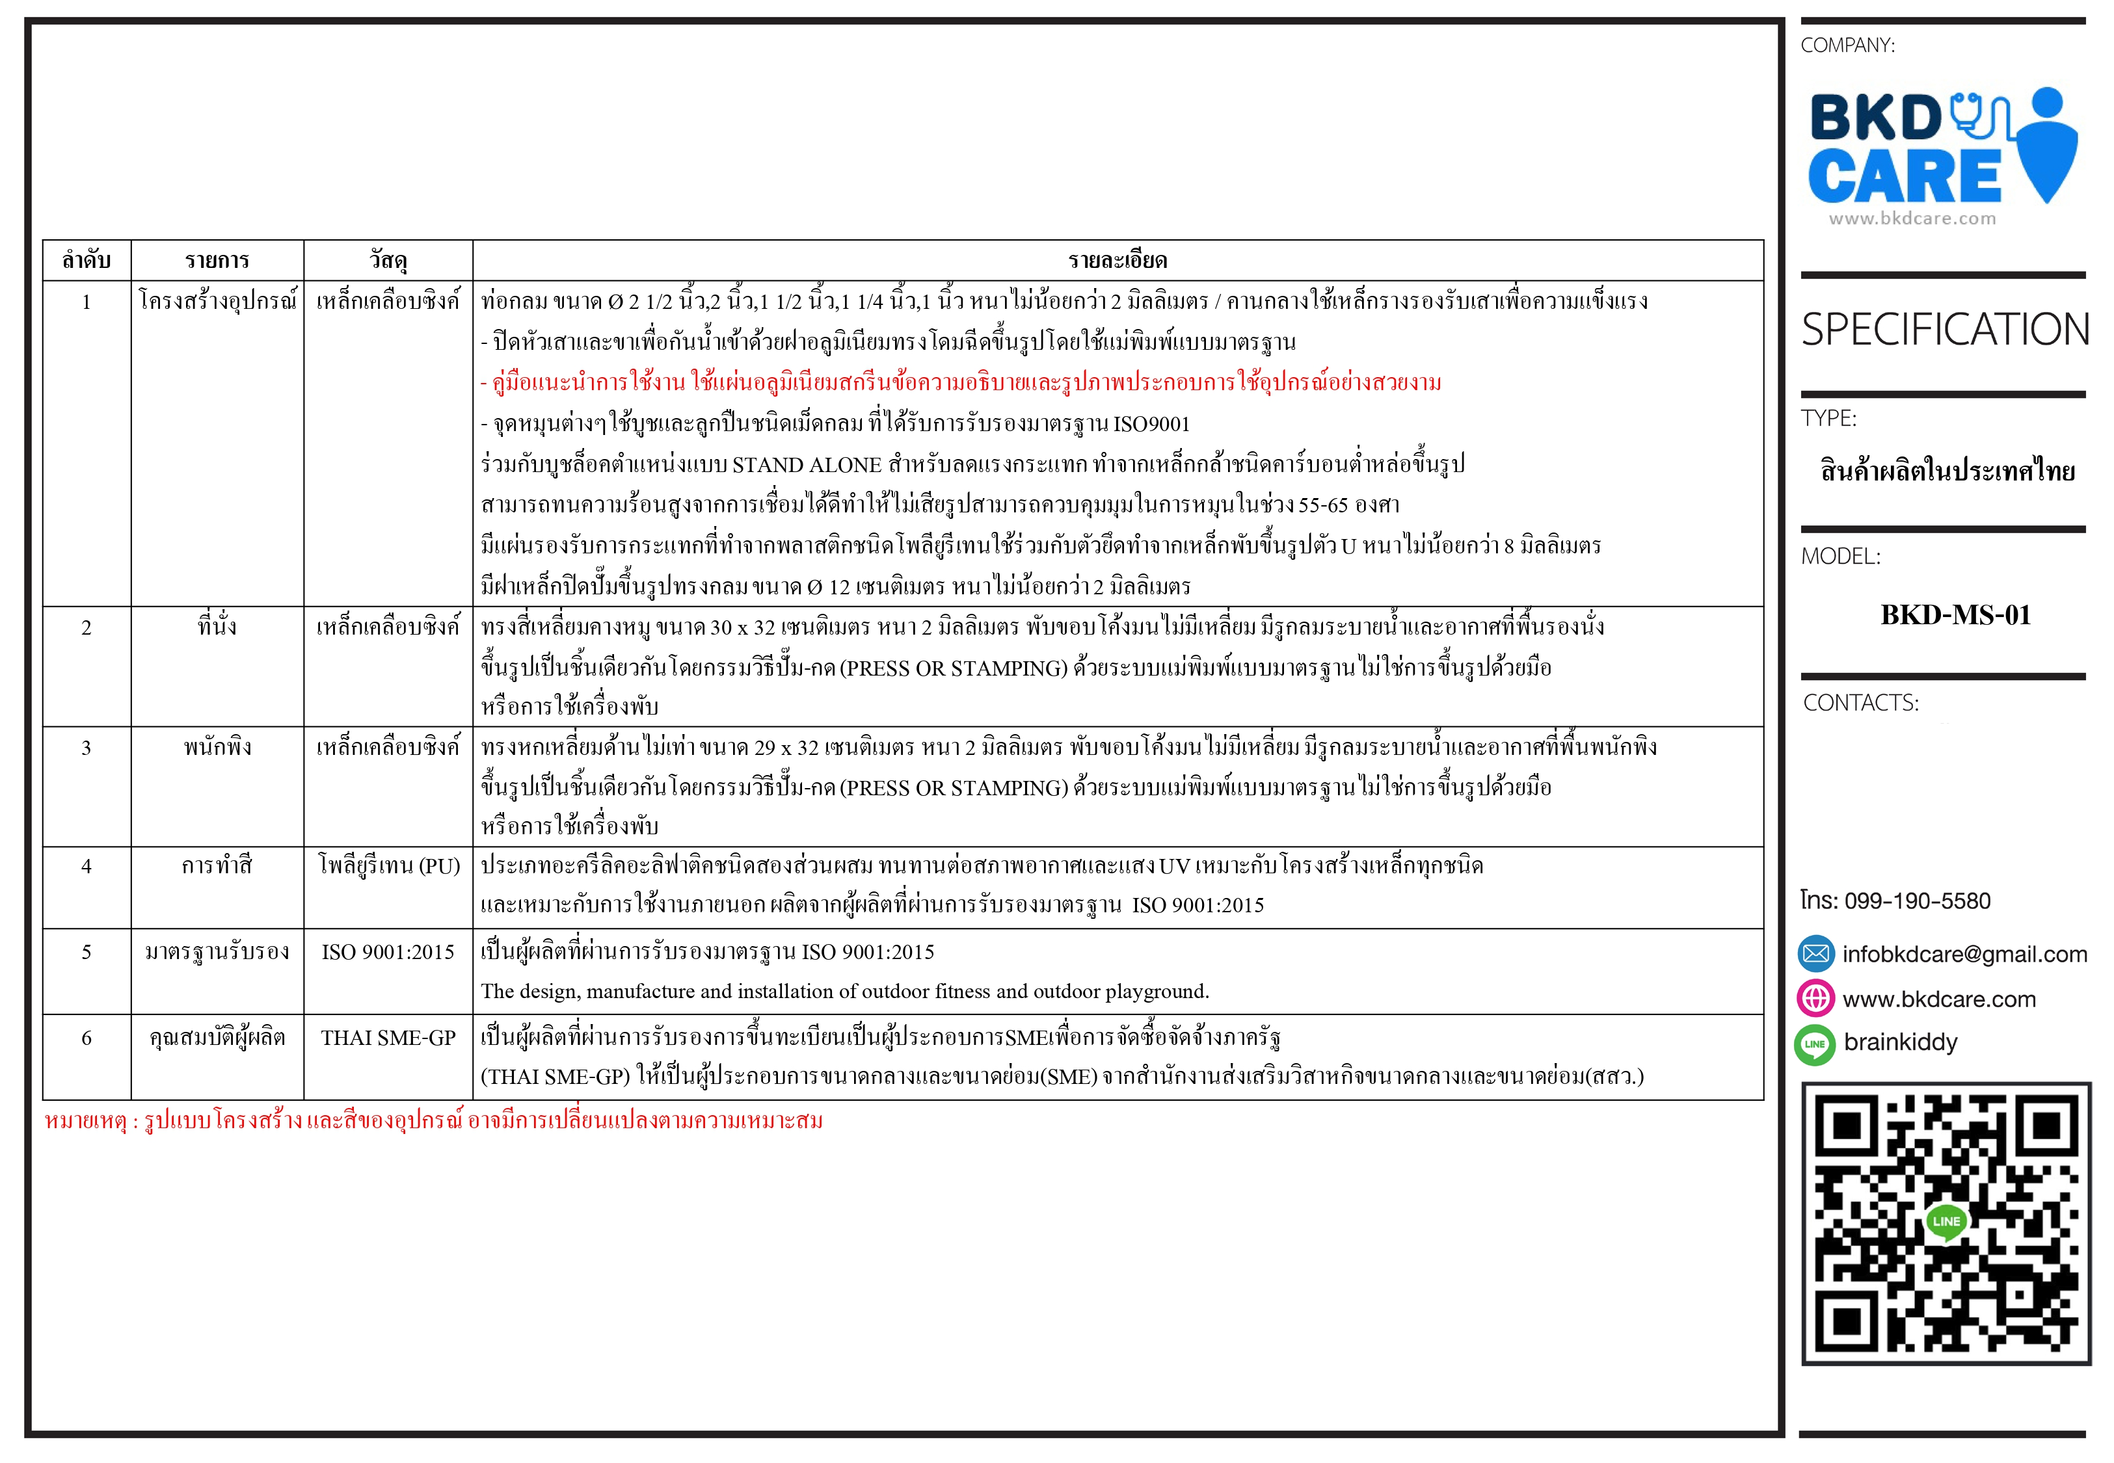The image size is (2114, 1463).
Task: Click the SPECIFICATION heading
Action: tap(1944, 330)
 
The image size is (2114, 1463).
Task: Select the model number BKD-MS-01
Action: tap(1955, 615)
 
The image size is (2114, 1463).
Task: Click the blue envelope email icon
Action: tap(1815, 953)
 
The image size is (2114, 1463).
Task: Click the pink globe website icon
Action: tap(1815, 998)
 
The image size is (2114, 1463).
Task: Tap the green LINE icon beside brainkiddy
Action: tap(1814, 1044)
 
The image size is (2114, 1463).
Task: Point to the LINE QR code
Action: tap(1946, 1223)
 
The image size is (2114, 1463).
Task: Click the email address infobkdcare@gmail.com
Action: tap(1964, 955)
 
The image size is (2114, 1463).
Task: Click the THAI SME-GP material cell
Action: tap(388, 1038)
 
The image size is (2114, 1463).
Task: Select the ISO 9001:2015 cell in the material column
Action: tap(388, 953)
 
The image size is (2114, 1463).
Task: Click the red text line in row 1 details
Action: tap(961, 382)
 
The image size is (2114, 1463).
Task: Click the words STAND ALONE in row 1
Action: tap(806, 466)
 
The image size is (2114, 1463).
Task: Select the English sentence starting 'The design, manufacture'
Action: tap(844, 992)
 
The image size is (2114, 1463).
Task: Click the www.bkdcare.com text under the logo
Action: tap(1912, 219)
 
